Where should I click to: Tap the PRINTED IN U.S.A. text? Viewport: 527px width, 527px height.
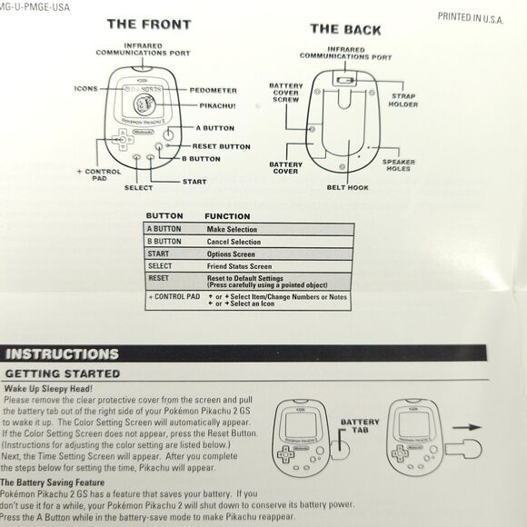469,16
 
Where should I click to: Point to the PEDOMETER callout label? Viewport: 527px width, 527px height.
214,91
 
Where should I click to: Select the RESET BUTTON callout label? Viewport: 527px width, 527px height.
221,146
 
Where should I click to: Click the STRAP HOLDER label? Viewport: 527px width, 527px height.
403,99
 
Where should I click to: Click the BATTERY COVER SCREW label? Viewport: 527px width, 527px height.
285,93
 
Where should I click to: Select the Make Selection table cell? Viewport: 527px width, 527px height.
232,230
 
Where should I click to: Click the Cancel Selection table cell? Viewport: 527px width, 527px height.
234,242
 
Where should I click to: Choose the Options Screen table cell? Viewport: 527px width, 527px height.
231,254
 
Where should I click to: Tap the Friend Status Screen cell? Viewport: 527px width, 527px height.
240,266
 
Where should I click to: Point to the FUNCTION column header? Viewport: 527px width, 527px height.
227,216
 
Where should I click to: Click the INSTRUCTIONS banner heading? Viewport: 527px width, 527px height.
63,354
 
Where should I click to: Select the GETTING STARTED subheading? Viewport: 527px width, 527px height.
63,373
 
